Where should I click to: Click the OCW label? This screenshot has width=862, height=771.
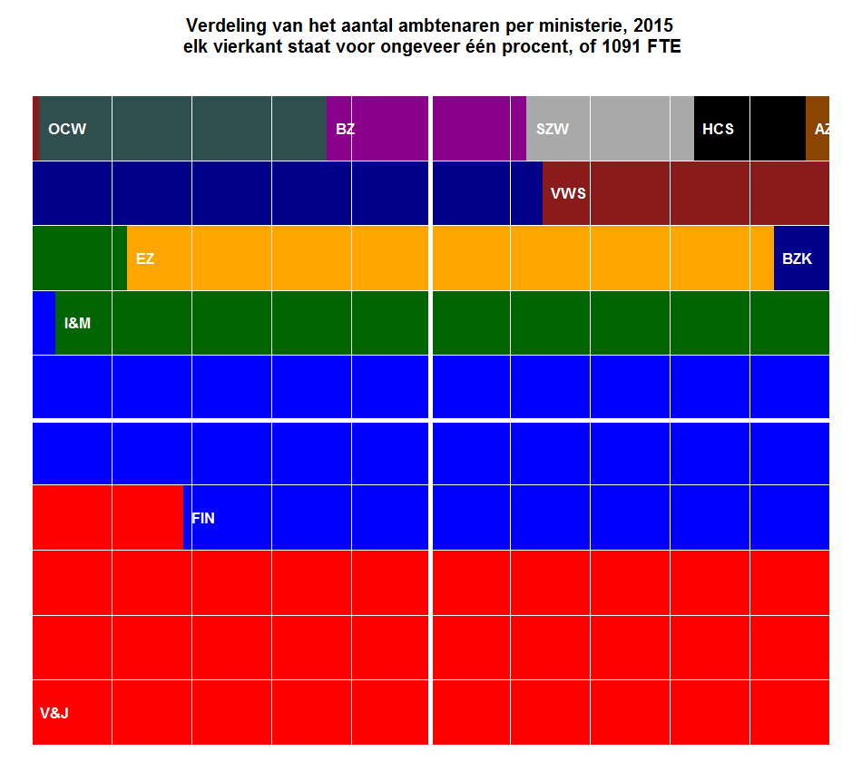(67, 129)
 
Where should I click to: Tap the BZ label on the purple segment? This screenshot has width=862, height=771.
(345, 129)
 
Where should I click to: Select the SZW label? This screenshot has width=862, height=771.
(553, 129)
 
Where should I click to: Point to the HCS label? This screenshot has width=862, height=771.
(718, 129)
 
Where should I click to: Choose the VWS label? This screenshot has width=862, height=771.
(568, 193)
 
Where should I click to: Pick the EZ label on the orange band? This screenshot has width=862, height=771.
(145, 259)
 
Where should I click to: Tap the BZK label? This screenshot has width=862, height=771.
(797, 259)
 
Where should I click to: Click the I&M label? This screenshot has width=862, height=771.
(78, 323)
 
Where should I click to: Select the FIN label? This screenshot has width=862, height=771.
(203, 518)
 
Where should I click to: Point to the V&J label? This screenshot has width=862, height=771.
(54, 713)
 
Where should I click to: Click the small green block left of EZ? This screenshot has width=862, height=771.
(79, 259)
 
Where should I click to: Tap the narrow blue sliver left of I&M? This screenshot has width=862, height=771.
(44, 323)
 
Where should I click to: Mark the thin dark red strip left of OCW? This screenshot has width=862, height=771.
(36, 129)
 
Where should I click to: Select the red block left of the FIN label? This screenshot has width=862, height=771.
(107, 518)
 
